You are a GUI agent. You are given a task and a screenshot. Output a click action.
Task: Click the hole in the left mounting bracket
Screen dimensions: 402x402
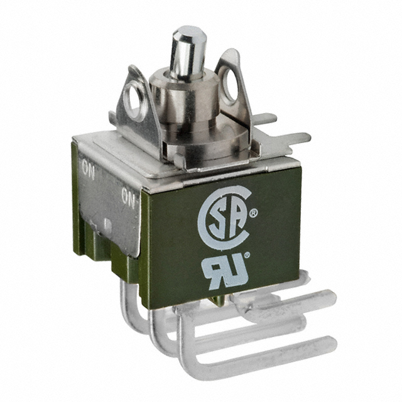pos(134,100)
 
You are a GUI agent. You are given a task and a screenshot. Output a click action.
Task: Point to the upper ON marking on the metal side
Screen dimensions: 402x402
pos(89,170)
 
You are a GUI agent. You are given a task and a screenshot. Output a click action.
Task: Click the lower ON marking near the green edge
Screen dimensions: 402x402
pos(128,197)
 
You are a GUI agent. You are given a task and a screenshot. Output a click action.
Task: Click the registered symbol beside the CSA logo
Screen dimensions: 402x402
pos(254,212)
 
